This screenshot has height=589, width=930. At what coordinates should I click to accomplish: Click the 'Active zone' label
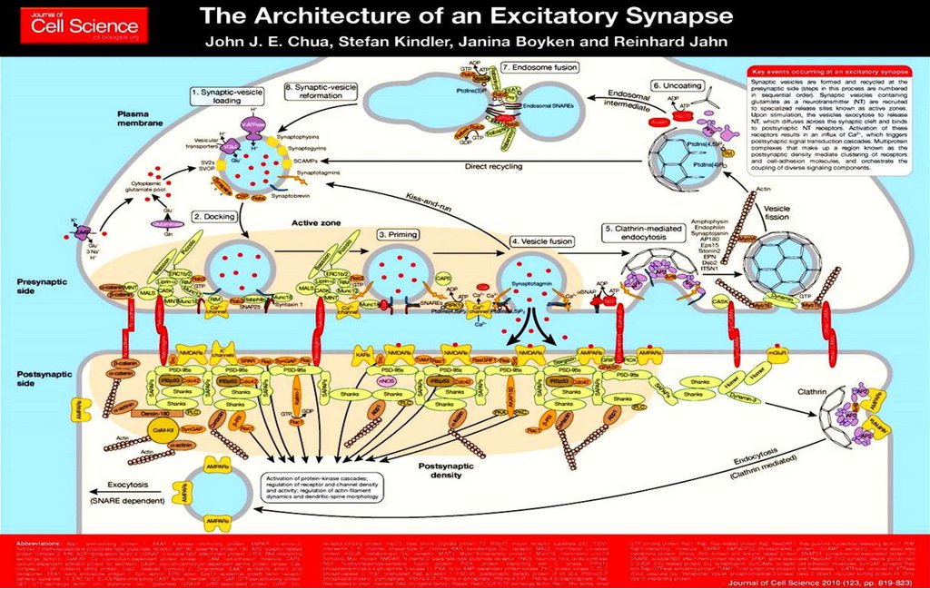(x=316, y=222)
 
